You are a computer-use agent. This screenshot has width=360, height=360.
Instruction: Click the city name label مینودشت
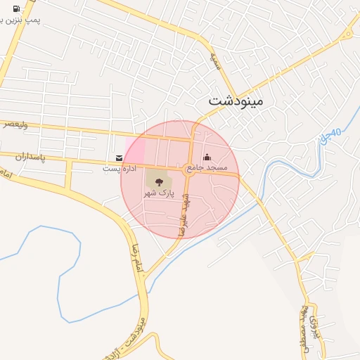tap(235, 101)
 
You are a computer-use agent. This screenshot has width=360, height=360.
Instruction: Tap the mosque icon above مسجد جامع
tap(207, 157)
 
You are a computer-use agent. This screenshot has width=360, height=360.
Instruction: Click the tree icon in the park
tap(157, 181)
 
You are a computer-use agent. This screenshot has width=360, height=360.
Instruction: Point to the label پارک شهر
tap(158, 192)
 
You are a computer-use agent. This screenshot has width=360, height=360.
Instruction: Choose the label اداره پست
tap(117, 169)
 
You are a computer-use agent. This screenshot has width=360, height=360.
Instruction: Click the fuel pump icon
tap(15, 8)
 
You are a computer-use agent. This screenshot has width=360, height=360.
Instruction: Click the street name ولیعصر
tap(15, 124)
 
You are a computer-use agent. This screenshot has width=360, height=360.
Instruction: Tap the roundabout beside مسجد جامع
tap(188, 169)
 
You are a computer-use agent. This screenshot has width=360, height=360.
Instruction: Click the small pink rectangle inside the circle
tap(135, 149)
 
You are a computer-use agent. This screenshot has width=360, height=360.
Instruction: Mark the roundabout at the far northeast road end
tap(345, 34)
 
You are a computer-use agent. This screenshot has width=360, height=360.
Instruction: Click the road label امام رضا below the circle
tap(133, 258)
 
